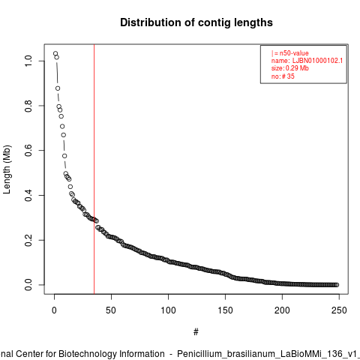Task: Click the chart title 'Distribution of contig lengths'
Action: pyautogui.click(x=196, y=22)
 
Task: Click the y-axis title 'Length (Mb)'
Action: pyautogui.click(x=7, y=169)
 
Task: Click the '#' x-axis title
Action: pyautogui.click(x=196, y=332)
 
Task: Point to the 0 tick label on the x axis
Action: pyautogui.click(x=54, y=310)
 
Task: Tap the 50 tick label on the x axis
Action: pyautogui.click(x=111, y=310)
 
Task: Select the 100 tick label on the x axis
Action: pyautogui.click(x=168, y=310)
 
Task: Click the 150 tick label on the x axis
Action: pyautogui.click(x=225, y=310)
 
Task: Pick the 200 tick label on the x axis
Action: pyautogui.click(x=282, y=310)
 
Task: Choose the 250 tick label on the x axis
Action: pyautogui.click(x=339, y=310)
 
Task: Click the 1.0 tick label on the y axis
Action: pyautogui.click(x=28, y=61)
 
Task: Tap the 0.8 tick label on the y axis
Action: pyautogui.click(x=28, y=106)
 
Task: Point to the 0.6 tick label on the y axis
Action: pyautogui.click(x=28, y=150)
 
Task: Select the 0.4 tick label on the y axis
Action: pyautogui.click(x=28, y=195)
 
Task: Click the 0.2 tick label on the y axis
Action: pyautogui.click(x=28, y=240)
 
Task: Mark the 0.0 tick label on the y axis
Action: pyautogui.click(x=28, y=285)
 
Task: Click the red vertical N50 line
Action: pyautogui.click(x=94, y=169)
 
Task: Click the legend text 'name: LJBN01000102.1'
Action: pyautogui.click(x=307, y=61)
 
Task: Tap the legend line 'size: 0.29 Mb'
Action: pyautogui.click(x=290, y=68)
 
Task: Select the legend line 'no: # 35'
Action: pyautogui.click(x=283, y=76)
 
